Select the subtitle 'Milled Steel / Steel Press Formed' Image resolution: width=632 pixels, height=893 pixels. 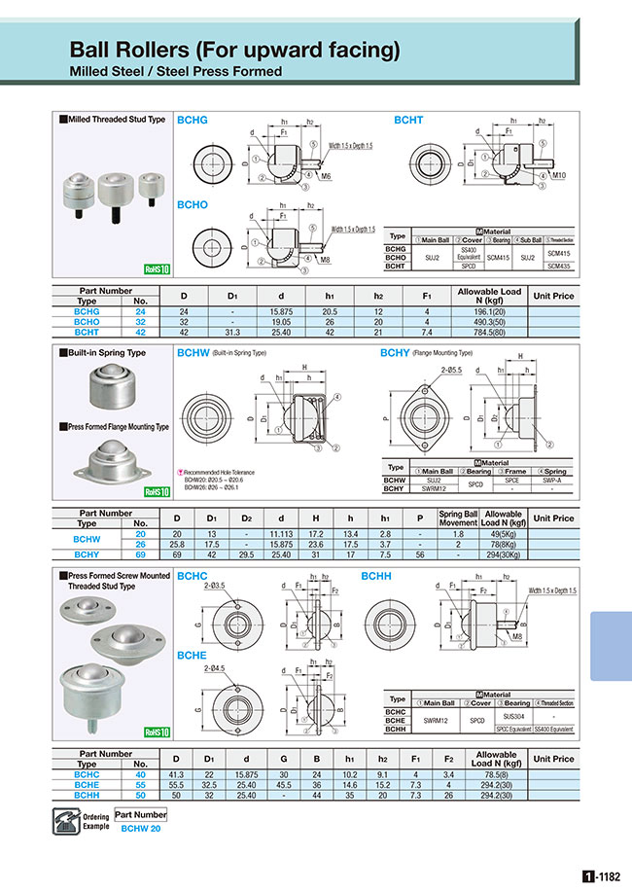point(176,71)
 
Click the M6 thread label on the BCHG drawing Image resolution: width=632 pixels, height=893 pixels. point(326,176)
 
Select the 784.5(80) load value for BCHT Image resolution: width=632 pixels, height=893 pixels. point(489,330)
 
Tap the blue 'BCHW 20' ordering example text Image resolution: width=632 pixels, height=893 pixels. point(141,828)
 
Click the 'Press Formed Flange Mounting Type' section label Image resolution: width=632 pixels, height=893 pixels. point(117,427)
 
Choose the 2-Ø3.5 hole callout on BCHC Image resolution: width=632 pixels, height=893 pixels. point(216,587)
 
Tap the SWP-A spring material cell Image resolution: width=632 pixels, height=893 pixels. point(553,480)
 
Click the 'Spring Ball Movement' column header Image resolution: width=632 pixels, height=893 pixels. point(458,518)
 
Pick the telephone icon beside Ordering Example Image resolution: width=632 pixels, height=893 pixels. point(65,820)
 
